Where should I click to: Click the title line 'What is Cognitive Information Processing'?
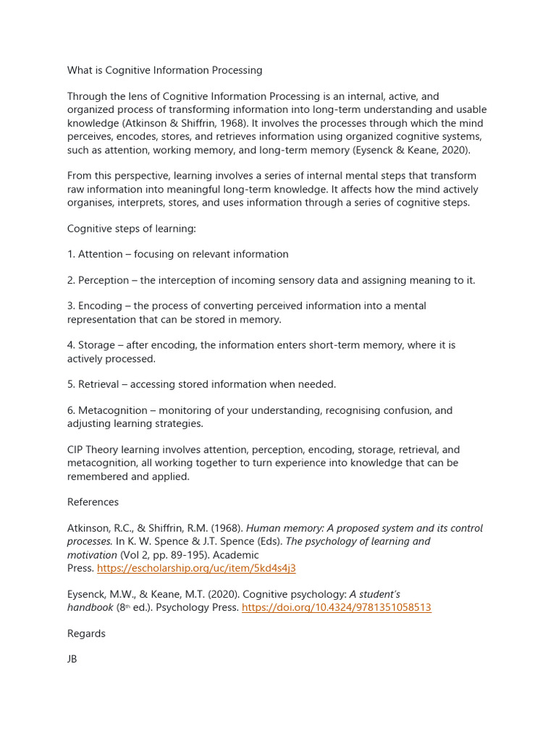[164, 70]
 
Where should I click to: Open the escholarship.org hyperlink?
[196, 568]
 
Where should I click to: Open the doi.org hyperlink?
[336, 608]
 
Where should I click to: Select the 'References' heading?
[93, 502]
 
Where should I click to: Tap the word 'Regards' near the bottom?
[86, 634]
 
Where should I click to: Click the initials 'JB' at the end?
[72, 660]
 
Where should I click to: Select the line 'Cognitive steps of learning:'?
[132, 229]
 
